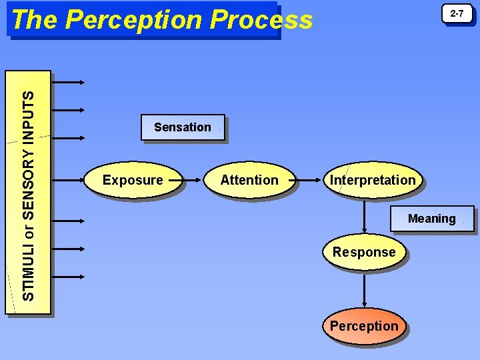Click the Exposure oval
133,180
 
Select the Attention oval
249,180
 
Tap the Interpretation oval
373,180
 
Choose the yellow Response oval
364,253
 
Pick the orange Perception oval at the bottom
364,326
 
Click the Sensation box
183,127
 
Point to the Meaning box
432,219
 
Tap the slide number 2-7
457,14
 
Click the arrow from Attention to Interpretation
310,180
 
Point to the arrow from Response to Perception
364,289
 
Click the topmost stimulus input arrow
68,83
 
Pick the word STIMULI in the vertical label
28,273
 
